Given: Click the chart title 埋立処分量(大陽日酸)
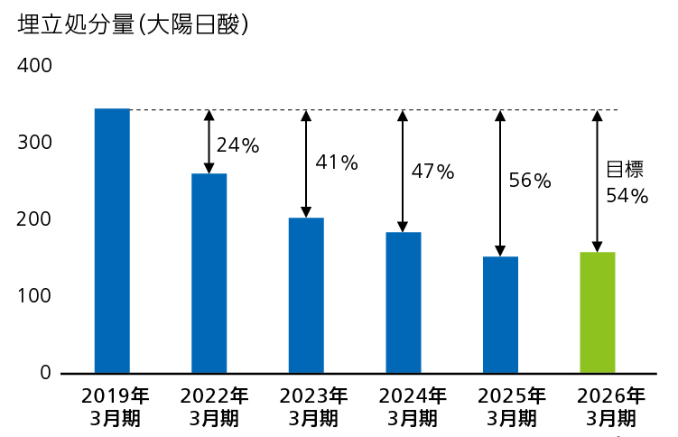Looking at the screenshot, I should (133, 25).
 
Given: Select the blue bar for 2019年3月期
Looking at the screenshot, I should (112, 240).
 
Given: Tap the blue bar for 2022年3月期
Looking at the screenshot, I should (209, 273).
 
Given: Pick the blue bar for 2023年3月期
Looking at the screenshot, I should (306, 295).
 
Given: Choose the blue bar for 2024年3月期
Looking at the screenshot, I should (403, 302).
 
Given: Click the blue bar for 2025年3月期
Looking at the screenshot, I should (500, 314).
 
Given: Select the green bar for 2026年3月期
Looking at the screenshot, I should (597, 312).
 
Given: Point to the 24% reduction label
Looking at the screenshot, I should (237, 144).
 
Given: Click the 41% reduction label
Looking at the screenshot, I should (336, 163).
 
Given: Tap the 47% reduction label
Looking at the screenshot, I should (432, 171).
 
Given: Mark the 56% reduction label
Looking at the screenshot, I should (529, 180).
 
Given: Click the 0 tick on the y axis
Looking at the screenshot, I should (45, 373).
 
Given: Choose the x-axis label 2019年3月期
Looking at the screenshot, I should (113, 406).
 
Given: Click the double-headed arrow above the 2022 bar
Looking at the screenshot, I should (209, 142).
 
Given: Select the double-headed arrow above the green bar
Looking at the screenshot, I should (596, 181).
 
